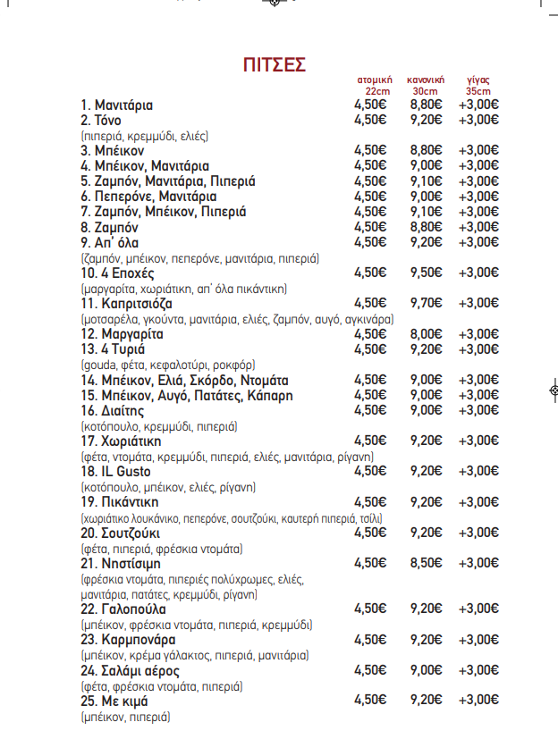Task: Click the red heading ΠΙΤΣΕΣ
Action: click(275, 64)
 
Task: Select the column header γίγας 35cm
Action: click(478, 86)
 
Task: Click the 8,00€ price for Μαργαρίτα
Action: click(426, 333)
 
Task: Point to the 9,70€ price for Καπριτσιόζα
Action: click(426, 303)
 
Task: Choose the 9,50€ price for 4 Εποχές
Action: click(426, 273)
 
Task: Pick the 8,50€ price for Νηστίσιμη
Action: click(426, 563)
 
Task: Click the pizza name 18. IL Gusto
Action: click(115, 471)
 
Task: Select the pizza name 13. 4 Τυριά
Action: click(114, 349)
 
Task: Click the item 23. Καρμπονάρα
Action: click(128, 640)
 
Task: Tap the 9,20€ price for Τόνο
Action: click(426, 120)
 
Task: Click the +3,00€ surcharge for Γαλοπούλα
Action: click(478, 609)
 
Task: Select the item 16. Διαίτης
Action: click(114, 410)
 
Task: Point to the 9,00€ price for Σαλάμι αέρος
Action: click(426, 670)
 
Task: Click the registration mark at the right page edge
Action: click(554, 390)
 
